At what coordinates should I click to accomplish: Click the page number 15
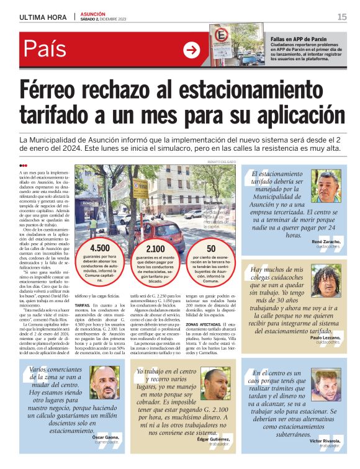coord(342,17)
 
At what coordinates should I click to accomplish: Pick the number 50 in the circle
coord(211,249)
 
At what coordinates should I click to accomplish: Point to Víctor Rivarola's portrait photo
coord(326,385)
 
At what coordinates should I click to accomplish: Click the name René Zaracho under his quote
coord(325,240)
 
